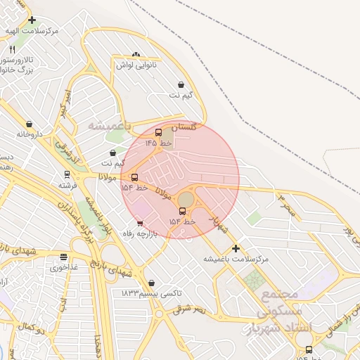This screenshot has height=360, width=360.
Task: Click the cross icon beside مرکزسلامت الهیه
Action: [32, 20]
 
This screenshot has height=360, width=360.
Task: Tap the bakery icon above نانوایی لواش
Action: [136, 54]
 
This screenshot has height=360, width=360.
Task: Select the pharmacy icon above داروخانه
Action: [29, 124]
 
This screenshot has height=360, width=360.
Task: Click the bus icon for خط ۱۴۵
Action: [158, 132]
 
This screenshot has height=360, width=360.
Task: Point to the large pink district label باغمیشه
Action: [109, 124]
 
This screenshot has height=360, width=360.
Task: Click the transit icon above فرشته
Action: [67, 174]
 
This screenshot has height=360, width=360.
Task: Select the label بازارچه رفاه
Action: [139, 233]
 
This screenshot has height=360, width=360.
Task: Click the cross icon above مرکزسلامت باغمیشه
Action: [236, 248]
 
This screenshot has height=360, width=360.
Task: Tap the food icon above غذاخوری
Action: [64, 257]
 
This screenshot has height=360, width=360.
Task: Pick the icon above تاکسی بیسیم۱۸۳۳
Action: [151, 283]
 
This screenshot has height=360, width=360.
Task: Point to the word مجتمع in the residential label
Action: [280, 293]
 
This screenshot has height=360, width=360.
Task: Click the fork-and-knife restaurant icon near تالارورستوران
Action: [12, 49]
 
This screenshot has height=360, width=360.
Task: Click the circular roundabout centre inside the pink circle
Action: [185, 200]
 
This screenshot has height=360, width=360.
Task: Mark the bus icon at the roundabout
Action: [183, 211]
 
